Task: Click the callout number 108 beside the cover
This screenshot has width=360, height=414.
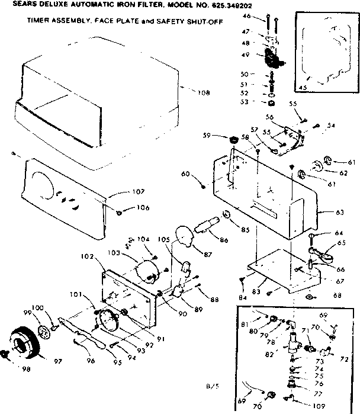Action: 204,92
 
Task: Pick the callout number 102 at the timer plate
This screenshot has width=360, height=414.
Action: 88,257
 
